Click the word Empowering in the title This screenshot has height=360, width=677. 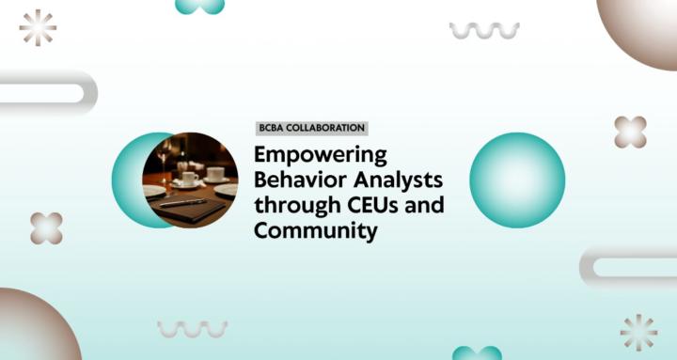click(320, 155)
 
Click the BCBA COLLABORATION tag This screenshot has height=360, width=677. click(311, 129)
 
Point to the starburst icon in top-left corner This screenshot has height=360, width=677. click(38, 27)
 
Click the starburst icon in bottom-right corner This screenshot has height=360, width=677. click(638, 332)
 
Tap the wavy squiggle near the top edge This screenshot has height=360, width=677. click(484, 30)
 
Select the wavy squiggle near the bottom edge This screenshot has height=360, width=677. click(192, 328)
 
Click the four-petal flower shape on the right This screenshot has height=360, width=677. click(630, 132)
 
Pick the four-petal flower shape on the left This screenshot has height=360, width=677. click(46, 227)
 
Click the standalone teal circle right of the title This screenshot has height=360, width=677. click(516, 180)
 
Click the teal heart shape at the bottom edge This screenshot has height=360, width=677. click(477, 352)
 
